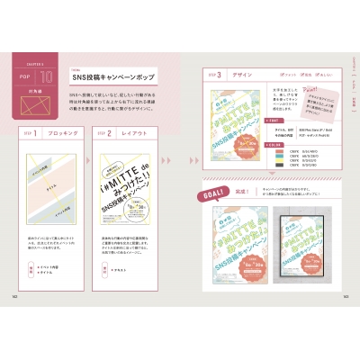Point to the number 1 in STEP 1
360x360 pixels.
[x=33, y=136]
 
